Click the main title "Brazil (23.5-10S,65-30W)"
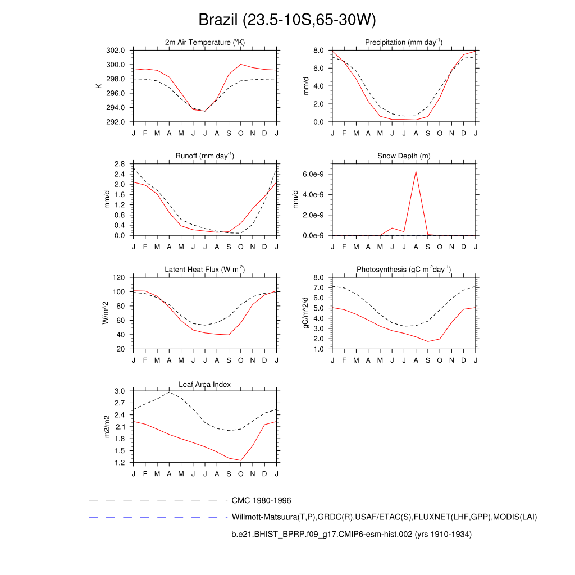tap(287, 20)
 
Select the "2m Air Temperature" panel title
tap(205, 42)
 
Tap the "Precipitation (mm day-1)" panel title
tap(403, 42)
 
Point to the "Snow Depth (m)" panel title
tap(404, 156)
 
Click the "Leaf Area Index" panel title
tap(205, 384)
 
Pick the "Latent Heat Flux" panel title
tap(205, 270)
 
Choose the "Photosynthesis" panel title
tap(403, 270)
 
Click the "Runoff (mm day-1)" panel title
tap(205, 156)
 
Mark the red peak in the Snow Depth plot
tap(416, 171)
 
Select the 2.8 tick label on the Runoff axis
tap(119, 164)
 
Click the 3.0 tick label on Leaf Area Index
tap(119, 391)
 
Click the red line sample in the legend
tap(157, 535)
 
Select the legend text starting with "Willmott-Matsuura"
tap(384, 517)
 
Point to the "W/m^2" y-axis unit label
tap(106, 313)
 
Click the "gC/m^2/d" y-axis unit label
tap(305, 313)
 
